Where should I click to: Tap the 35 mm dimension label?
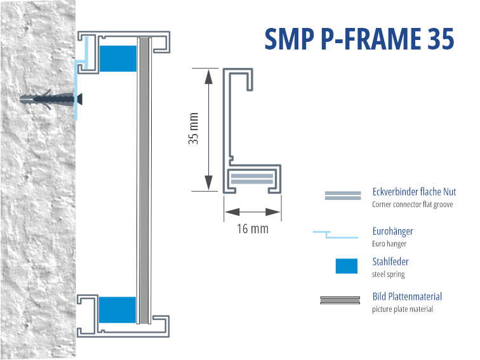click(194, 129)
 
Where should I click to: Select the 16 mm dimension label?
click(252, 229)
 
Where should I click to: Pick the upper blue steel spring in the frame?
click(118, 58)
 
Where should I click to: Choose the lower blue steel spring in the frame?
click(117, 310)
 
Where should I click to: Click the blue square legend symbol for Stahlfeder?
click(346, 266)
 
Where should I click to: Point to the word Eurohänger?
click(392, 232)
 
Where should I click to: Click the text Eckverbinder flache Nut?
click(413, 192)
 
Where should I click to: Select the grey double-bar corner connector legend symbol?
click(342, 196)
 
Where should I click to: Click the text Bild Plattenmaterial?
click(406, 297)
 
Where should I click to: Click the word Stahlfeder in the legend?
click(390, 262)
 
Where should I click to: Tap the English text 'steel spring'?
click(388, 274)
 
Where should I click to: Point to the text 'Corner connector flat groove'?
click(412, 204)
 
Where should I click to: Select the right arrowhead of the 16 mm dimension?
click(274, 212)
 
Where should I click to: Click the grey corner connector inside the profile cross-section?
click(253, 178)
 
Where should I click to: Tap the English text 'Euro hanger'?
click(389, 244)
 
